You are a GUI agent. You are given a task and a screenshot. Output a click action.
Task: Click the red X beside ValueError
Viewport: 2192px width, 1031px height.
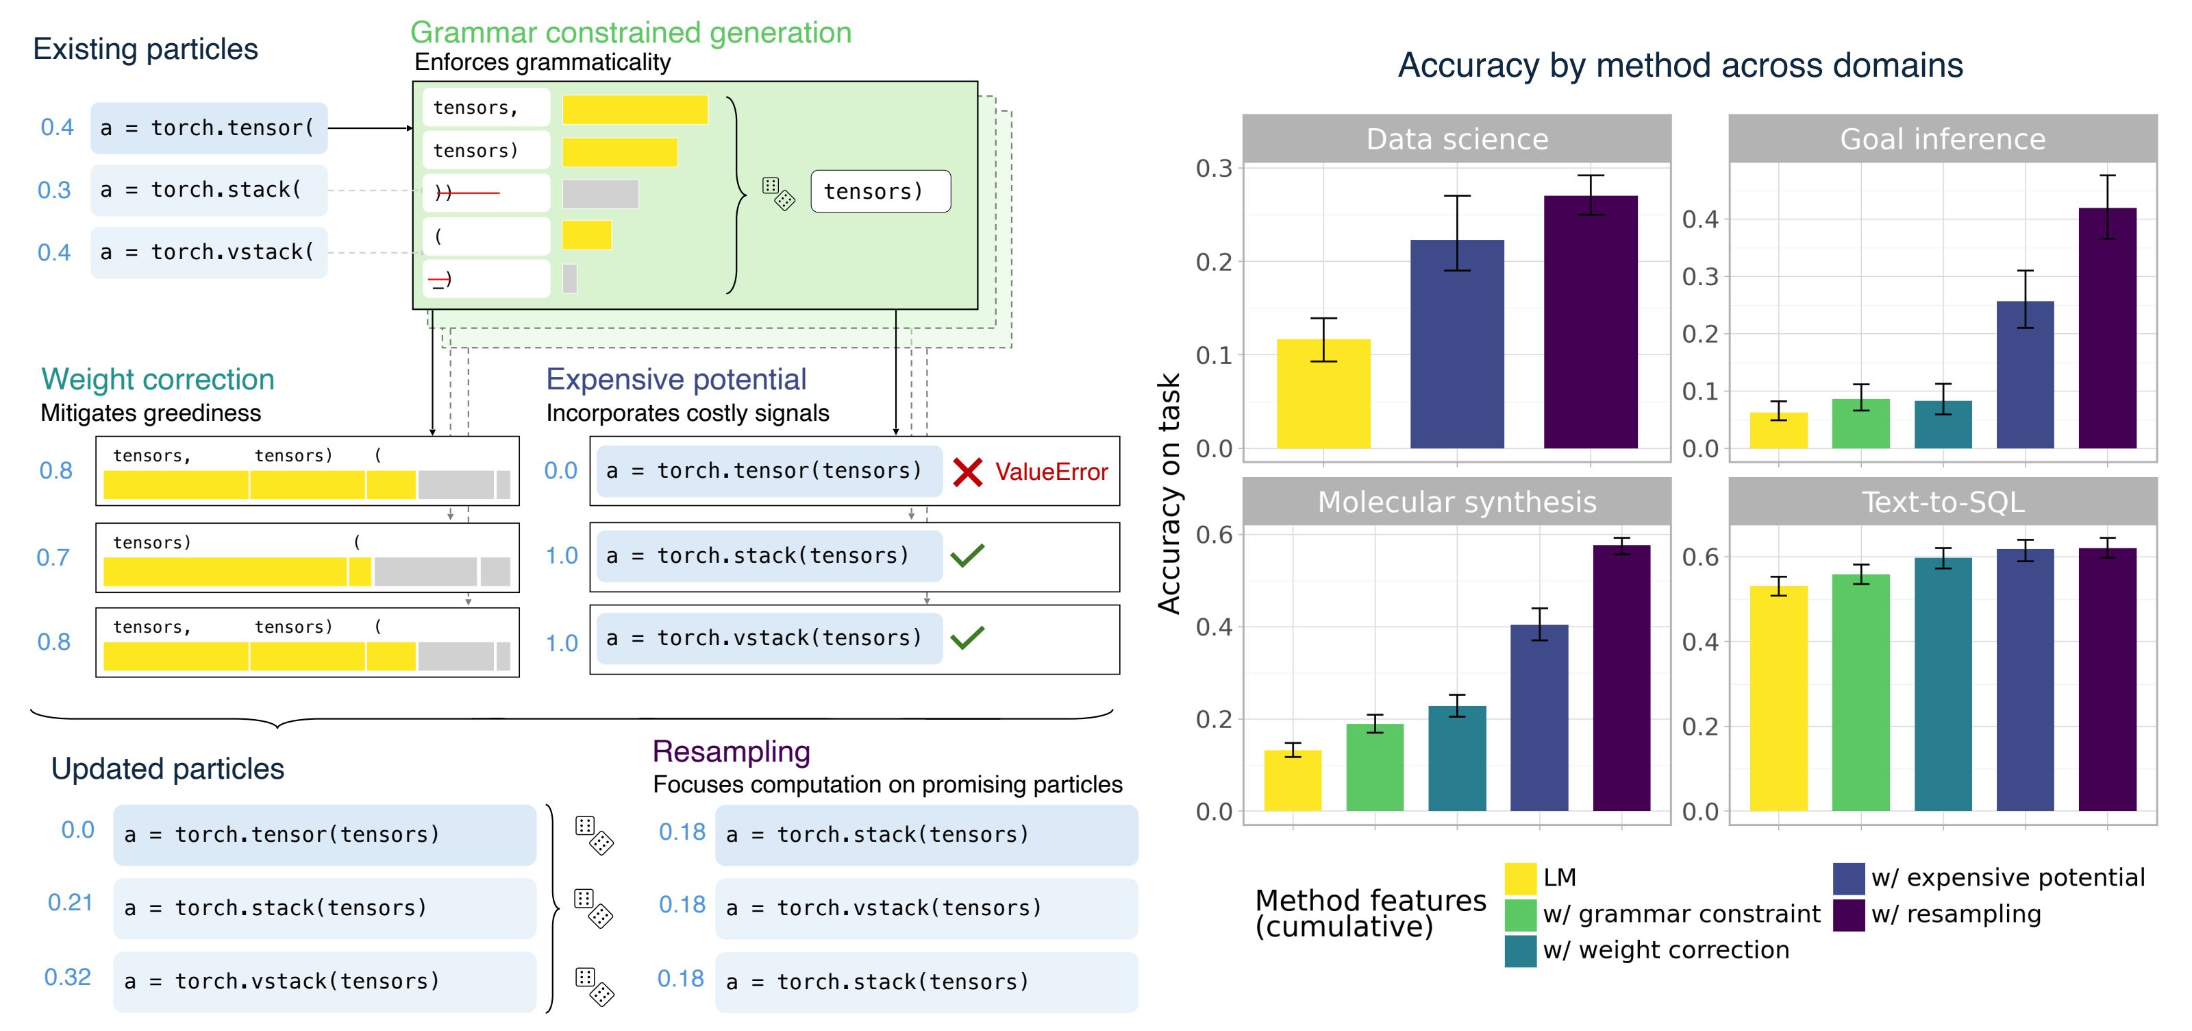coord(967,472)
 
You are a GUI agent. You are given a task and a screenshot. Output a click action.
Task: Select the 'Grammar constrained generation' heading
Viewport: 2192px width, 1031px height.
coord(630,32)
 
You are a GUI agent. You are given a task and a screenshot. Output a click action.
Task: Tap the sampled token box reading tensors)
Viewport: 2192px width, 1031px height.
coord(880,191)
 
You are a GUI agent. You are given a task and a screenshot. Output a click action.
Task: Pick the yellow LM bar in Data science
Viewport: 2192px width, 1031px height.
coord(1323,393)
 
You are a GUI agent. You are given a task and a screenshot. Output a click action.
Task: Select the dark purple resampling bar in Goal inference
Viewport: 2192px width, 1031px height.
coord(2107,328)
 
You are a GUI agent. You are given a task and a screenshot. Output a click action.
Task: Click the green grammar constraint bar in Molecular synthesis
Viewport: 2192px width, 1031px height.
coord(1374,767)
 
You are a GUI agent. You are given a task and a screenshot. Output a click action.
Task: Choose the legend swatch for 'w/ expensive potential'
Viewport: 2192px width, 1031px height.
coord(1848,877)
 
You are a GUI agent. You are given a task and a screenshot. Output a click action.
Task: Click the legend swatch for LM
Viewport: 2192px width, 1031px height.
coord(1520,877)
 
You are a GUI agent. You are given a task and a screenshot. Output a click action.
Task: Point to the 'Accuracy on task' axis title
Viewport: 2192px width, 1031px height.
coord(1169,494)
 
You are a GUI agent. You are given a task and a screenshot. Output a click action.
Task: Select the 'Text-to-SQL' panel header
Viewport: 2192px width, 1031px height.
coord(1943,502)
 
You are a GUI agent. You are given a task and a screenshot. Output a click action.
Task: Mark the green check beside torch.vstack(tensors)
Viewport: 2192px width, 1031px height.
coord(967,637)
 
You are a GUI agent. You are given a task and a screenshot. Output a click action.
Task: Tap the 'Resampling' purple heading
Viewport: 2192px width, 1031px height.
coord(730,751)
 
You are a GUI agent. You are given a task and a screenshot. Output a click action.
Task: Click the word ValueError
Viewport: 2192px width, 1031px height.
coord(1051,472)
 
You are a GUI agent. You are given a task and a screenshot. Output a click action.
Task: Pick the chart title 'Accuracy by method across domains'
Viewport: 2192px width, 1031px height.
coord(1680,66)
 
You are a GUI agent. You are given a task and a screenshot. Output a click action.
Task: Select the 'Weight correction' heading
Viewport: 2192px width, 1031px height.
coord(158,379)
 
